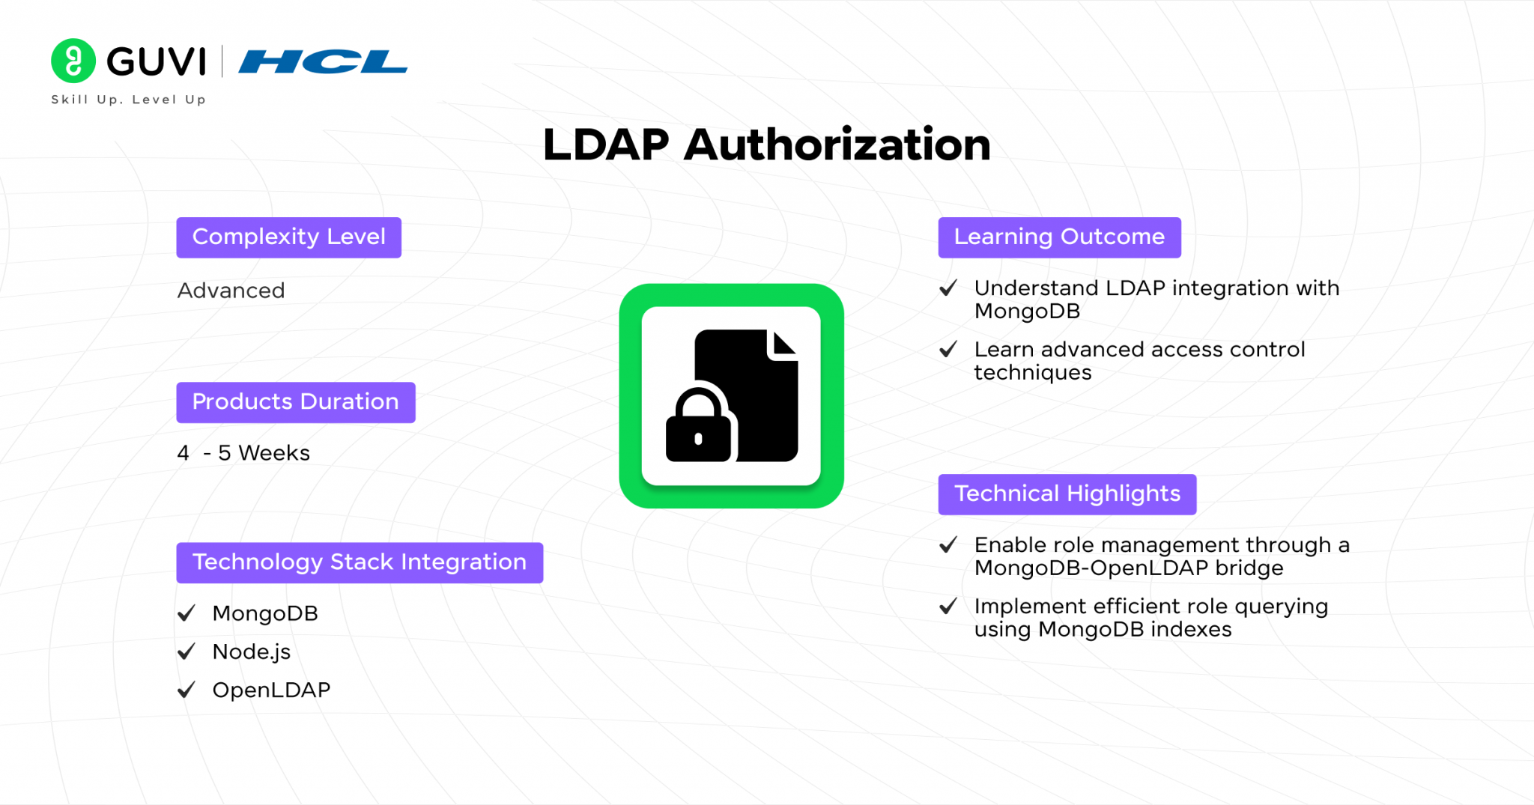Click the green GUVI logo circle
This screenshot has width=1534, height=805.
73,61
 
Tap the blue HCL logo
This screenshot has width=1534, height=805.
323,61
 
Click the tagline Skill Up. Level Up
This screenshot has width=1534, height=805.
128,100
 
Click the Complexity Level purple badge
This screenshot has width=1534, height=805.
289,237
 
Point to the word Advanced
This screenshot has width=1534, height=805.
231,291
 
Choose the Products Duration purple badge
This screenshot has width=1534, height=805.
296,402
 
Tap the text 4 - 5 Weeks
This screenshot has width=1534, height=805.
243,453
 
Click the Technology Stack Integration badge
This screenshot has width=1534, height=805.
360,562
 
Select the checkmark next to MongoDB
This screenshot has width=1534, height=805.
187,613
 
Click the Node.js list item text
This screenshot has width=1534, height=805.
252,652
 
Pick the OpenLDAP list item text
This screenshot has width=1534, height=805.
271,690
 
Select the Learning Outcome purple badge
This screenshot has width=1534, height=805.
1059,237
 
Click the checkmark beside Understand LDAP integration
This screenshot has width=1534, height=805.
948,288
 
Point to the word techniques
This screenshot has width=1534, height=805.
1033,373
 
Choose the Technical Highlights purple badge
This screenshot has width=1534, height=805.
1067,494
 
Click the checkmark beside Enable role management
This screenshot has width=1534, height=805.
948,545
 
